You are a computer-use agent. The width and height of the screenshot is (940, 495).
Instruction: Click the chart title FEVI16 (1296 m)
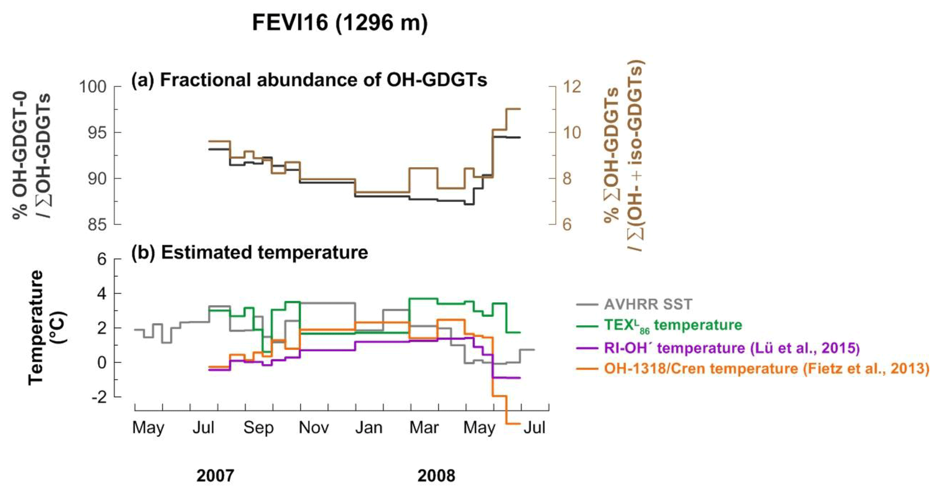[x=340, y=23]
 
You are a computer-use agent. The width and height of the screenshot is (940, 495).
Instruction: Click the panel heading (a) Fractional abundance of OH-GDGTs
[x=309, y=80]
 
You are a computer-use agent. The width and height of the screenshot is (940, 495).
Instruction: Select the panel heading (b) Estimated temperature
[x=250, y=253]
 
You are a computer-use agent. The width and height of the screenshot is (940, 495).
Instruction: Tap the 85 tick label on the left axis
[x=97, y=225]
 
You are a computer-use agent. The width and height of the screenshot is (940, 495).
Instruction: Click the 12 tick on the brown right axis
[x=572, y=86]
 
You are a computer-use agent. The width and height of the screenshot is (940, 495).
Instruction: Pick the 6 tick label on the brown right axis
[x=567, y=225]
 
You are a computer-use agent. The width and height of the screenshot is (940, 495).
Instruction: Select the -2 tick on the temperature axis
[x=100, y=397]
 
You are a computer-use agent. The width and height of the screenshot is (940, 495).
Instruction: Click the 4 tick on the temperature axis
[x=102, y=294]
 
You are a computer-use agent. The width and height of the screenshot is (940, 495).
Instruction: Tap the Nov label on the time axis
[x=314, y=428]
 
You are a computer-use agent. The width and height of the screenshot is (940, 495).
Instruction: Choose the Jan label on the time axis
[x=369, y=428]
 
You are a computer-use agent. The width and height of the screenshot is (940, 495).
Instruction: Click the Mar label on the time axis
[x=424, y=428]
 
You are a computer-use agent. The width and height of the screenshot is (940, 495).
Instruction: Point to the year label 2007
[x=215, y=476]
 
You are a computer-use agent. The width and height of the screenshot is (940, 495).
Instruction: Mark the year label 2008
[x=436, y=476]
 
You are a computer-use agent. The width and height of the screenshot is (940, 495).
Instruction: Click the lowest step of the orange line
[x=513, y=424]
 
